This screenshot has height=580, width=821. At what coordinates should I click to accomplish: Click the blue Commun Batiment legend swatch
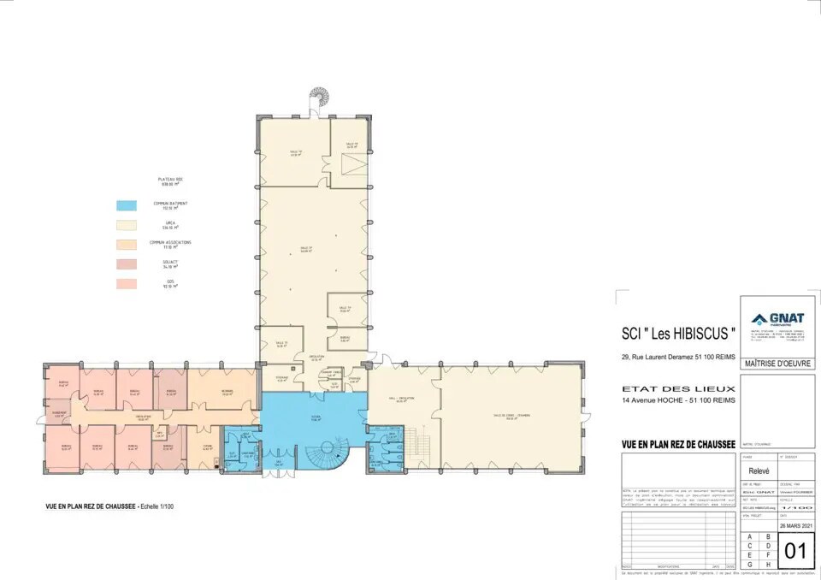[x=126, y=205]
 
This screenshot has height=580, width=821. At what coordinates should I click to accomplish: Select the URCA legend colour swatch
[x=126, y=224]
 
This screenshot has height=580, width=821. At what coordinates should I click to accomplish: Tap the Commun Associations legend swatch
[x=126, y=244]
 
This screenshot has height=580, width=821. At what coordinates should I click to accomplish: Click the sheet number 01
[x=795, y=551]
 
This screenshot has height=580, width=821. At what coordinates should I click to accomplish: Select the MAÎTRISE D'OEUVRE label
[x=777, y=364]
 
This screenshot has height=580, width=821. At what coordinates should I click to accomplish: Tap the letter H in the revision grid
[x=767, y=564]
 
